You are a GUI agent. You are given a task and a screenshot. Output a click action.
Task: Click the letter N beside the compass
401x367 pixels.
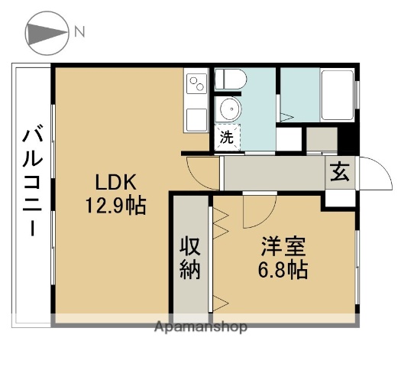click(80, 31)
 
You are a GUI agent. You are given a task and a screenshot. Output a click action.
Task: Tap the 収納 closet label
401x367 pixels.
click(190, 258)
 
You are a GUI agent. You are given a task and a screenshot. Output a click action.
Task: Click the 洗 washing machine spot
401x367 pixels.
click(227, 138)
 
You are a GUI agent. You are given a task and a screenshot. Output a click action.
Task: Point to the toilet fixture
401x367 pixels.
click(230, 79)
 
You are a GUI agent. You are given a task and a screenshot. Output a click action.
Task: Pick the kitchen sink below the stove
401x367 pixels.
click(196, 119)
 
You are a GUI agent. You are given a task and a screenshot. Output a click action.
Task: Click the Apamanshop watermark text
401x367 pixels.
click(201, 327)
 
